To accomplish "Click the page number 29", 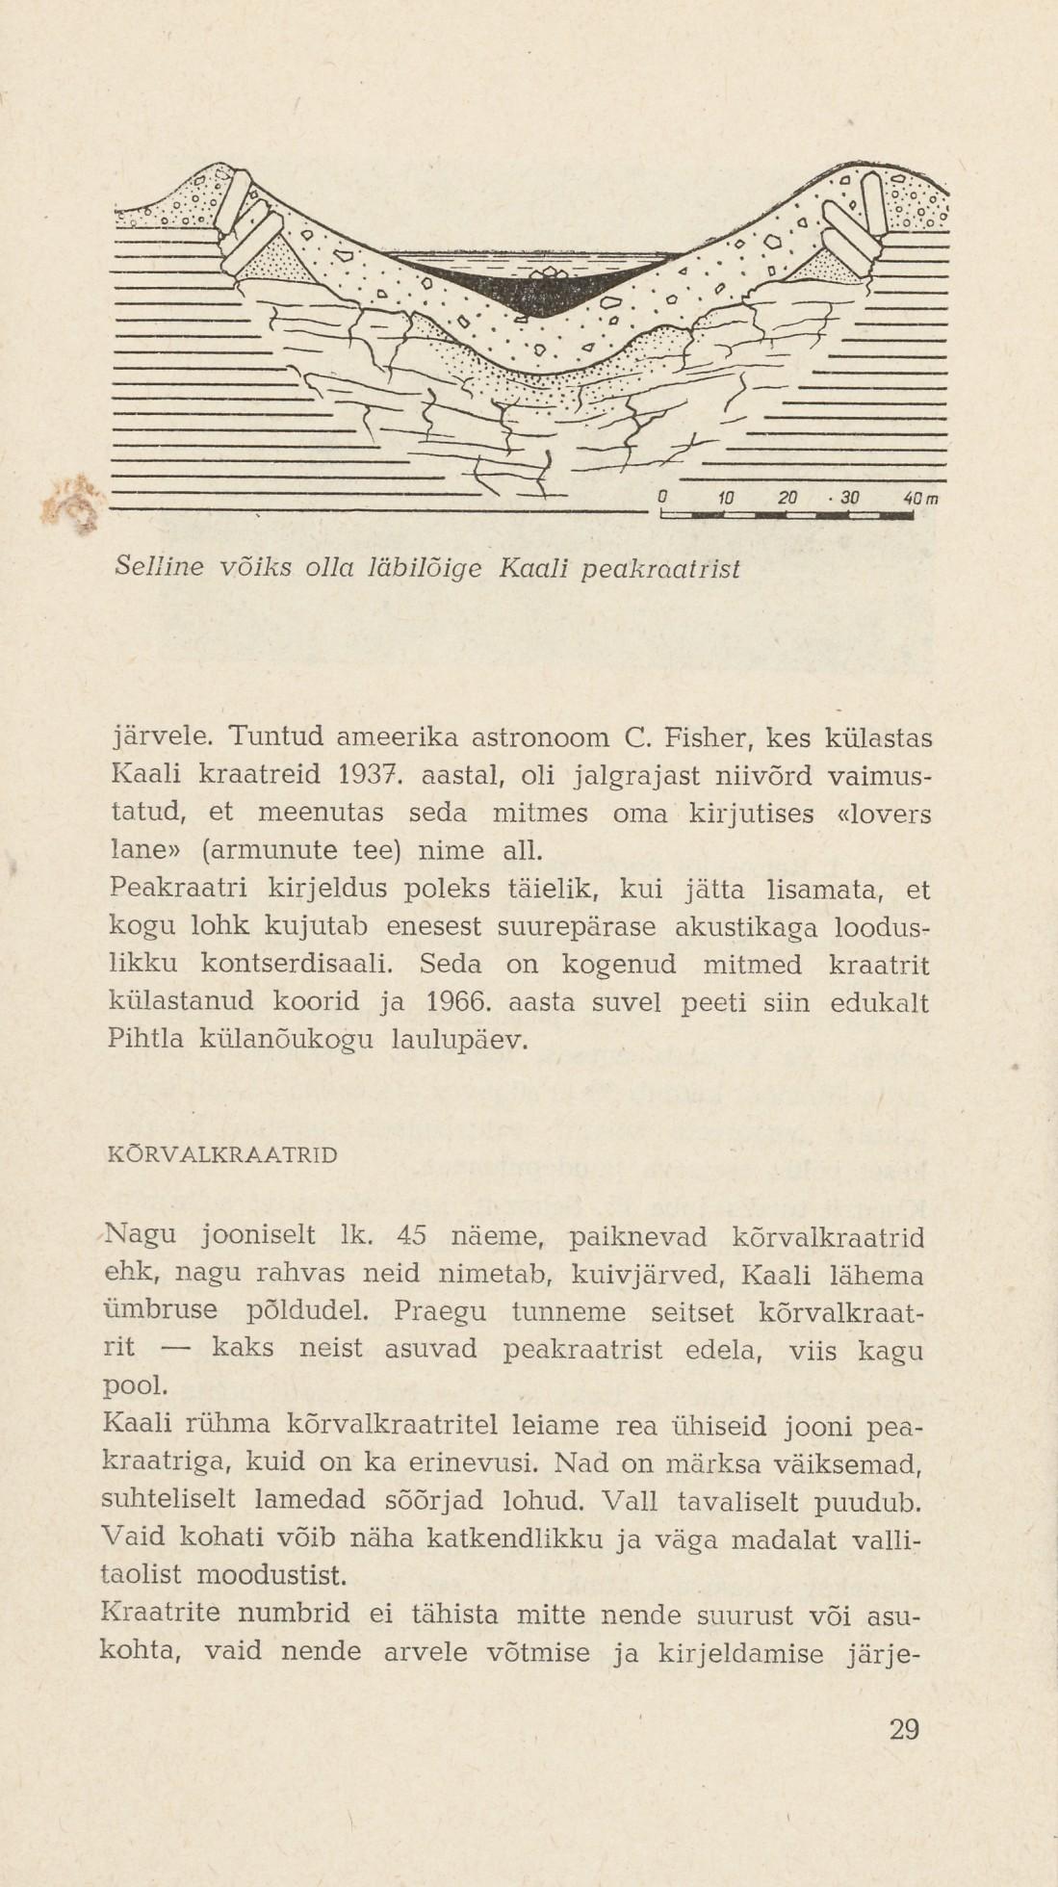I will tap(904, 1731).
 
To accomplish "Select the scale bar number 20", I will tap(787, 499).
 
